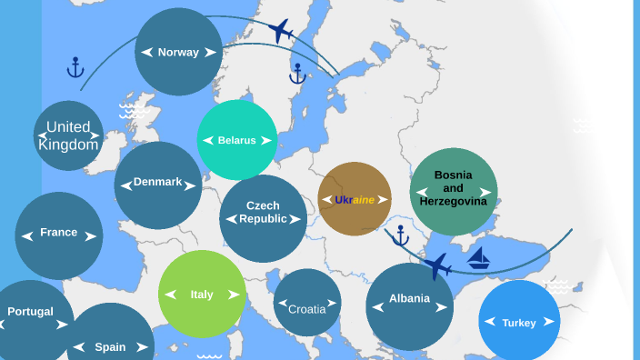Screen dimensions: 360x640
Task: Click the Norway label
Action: point(178,52)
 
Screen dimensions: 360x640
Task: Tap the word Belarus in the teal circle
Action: point(236,140)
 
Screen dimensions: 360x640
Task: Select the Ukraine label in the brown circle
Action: point(355,199)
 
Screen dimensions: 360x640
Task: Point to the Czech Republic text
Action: point(263,212)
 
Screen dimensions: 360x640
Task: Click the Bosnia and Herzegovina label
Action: point(454,187)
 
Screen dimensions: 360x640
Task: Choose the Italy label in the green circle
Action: point(202,294)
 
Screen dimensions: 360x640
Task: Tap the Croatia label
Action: point(307,309)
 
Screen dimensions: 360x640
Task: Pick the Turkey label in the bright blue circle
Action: point(519,323)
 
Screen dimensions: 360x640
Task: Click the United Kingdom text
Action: point(68,135)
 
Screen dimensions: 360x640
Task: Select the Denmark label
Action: point(157,182)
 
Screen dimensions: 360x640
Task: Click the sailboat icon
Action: point(479,258)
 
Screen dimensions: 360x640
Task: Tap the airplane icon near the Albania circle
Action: point(437,266)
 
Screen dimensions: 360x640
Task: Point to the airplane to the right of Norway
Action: point(282,31)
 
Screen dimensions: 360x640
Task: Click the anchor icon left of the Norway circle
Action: point(75,67)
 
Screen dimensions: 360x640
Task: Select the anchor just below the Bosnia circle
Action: point(399,236)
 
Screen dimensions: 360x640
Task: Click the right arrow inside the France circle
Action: point(90,236)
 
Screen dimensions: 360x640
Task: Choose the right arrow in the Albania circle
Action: point(443,306)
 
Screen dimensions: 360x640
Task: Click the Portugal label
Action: point(30,311)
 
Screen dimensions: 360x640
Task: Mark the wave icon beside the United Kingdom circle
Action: point(133,111)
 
